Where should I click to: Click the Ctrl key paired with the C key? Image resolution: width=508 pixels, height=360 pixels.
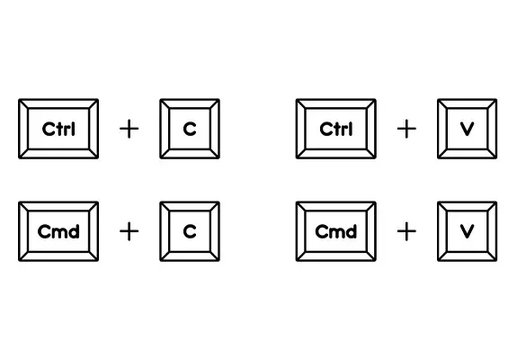pos(58,129)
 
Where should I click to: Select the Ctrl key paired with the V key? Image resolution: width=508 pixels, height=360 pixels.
pos(336,129)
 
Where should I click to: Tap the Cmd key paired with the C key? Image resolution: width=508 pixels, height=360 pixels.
pos(58,231)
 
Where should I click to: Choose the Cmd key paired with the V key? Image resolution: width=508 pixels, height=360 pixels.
pos(336,231)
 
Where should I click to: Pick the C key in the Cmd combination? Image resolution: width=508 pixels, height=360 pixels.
pos(190,231)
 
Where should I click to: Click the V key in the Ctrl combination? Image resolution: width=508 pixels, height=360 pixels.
pos(467,129)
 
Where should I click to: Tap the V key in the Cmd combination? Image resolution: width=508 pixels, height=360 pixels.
pos(467,231)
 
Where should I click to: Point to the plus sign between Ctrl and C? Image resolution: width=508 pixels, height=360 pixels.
pos(129,129)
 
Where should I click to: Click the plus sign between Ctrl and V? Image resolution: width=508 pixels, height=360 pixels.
pos(406,129)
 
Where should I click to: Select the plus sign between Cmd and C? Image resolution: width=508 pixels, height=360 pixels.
pos(129,231)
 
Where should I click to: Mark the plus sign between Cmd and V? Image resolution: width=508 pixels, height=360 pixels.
pos(406,231)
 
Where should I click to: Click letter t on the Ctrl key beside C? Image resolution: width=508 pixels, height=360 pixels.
pos(59,129)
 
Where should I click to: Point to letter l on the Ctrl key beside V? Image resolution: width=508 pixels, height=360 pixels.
pos(351,129)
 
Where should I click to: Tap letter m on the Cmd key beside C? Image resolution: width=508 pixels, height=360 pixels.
pos(59,233)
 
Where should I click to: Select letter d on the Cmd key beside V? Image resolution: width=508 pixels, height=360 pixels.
pos(352,231)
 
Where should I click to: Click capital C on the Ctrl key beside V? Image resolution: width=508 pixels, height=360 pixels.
pos(326,129)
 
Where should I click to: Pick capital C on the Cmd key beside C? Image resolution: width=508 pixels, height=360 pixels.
pos(44,231)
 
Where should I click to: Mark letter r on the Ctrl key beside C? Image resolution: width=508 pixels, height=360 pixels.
pos(67,130)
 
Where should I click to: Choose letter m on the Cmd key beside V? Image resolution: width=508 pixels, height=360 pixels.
pos(337,233)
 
